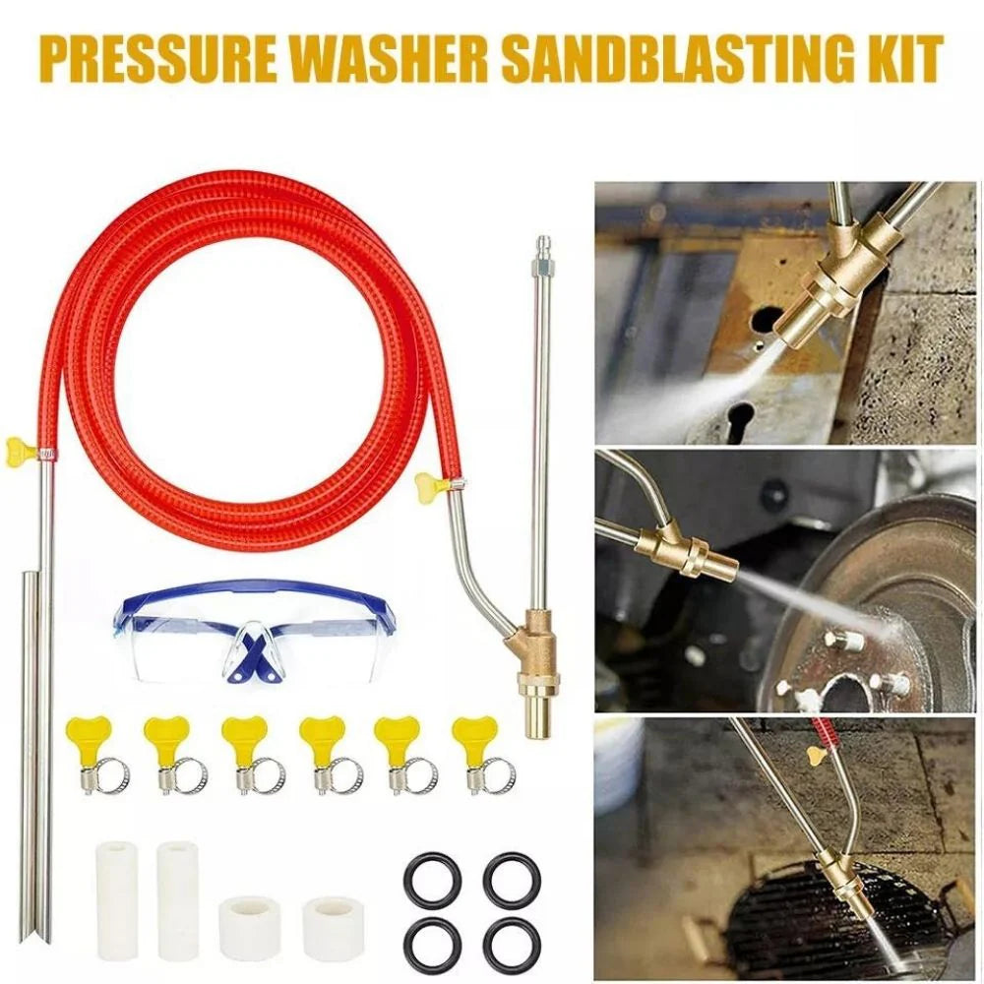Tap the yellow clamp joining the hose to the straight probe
click(x=23, y=451)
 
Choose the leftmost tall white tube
click(x=116, y=899)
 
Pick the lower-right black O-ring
click(x=511, y=942)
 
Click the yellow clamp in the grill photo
click(x=816, y=756)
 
